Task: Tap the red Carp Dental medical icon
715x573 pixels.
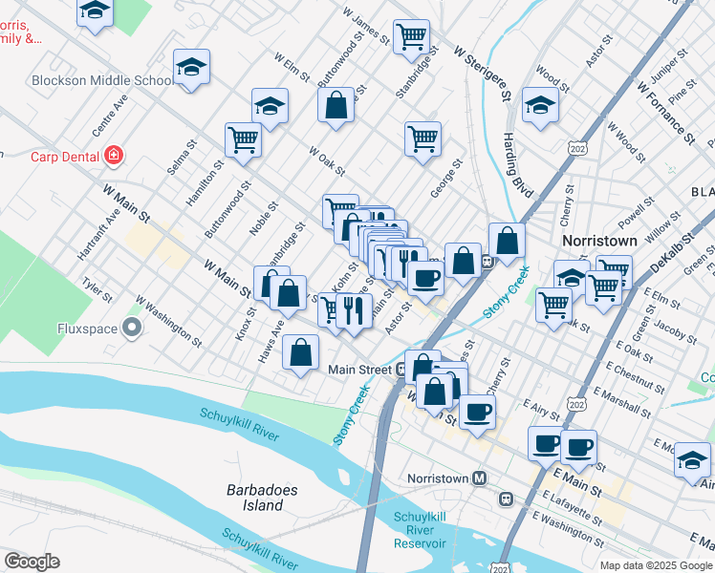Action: point(114,155)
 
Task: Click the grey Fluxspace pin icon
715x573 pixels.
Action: point(132,329)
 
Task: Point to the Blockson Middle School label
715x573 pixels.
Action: point(100,80)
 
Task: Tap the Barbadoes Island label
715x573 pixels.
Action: point(254,498)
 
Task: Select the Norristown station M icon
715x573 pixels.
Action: point(481,477)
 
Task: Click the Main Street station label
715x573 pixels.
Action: point(359,370)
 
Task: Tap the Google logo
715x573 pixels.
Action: point(32,562)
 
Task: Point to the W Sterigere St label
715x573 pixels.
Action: point(482,68)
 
